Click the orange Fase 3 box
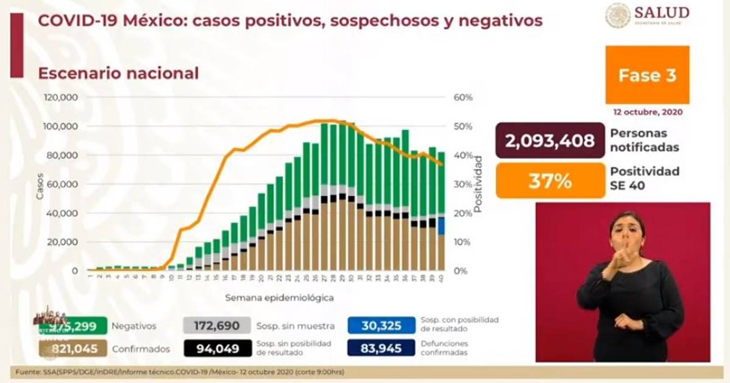tap(647, 75)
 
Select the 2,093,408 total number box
tap(550, 140)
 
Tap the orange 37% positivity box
tap(550, 181)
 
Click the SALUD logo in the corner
tap(647, 15)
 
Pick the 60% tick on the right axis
tap(464, 97)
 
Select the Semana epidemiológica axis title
tap(279, 298)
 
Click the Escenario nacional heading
tap(118, 74)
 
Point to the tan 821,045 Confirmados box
tap(73, 348)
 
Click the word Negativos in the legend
tap(134, 326)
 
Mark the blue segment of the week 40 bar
tap(440, 226)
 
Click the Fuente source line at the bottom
tap(182, 371)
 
